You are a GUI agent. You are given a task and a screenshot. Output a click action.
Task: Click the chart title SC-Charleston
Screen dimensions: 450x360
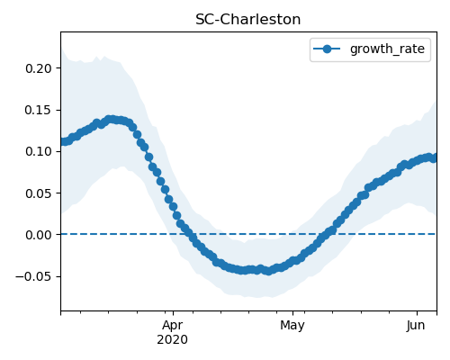coord(247,20)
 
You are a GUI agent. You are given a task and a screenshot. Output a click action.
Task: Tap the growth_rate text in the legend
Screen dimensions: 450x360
coord(387,49)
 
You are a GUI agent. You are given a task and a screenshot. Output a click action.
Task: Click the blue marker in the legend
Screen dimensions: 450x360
coord(327,49)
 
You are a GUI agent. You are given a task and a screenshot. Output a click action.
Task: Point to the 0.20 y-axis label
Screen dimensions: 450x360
coord(39,68)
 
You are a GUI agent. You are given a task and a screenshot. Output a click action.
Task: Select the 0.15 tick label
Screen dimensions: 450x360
coord(39,110)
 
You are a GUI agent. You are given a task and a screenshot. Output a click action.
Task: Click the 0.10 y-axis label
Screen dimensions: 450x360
coord(39,151)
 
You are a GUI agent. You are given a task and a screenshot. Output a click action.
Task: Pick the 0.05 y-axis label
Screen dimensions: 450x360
coord(39,193)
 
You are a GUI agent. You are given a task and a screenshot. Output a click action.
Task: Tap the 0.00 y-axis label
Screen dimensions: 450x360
coord(39,235)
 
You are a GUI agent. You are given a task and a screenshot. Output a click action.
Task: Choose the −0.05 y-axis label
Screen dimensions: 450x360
coord(34,276)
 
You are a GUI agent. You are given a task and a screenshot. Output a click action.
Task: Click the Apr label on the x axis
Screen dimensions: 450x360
coord(173,326)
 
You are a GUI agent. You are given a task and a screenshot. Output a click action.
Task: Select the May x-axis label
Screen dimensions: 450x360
coord(292,326)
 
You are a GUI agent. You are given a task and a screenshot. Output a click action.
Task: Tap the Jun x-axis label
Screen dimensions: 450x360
coord(416,325)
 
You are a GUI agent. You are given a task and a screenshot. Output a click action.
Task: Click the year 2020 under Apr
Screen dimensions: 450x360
coord(173,339)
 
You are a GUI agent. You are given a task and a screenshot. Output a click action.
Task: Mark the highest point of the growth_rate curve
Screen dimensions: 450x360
coord(111,120)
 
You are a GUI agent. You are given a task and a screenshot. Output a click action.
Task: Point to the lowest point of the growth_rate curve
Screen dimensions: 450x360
coord(268,271)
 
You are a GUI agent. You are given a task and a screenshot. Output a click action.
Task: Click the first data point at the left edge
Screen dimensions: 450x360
coord(62,142)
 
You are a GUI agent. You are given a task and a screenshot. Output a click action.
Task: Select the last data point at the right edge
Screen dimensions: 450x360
coord(434,158)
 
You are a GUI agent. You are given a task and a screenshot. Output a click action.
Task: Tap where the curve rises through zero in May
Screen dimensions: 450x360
coord(326,234)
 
